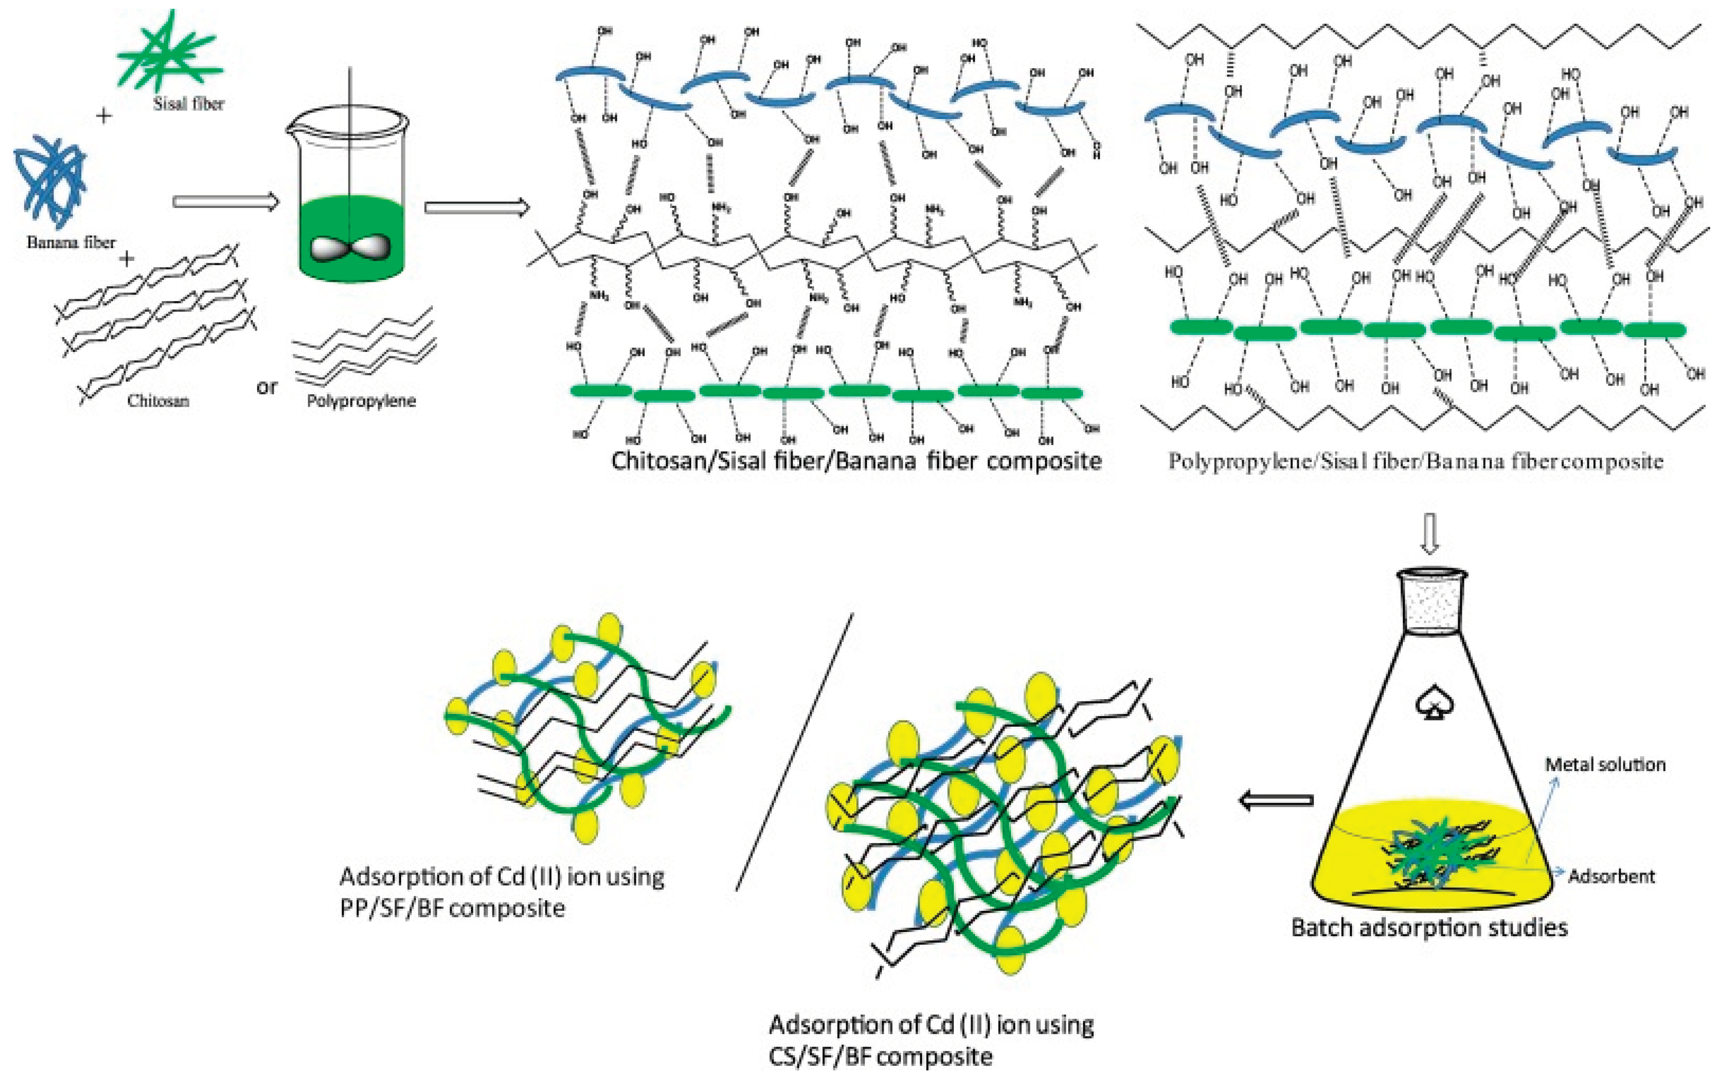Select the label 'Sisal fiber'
click(188, 104)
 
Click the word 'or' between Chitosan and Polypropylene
click(267, 387)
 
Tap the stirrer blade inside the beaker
click(350, 247)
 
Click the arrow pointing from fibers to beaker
click(225, 202)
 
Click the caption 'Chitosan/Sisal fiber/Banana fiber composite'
click(856, 460)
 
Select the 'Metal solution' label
click(1605, 764)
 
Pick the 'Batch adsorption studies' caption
click(1429, 927)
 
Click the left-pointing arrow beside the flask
click(1276, 800)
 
